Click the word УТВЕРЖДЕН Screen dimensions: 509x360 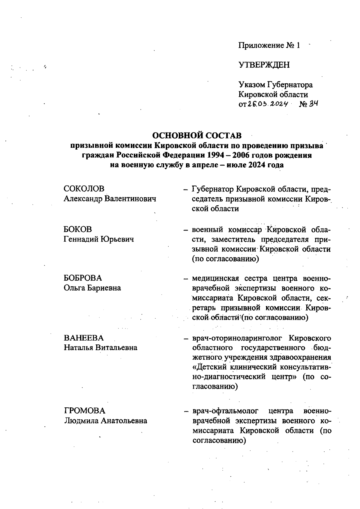pos(264,65)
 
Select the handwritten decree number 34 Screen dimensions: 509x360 pos(313,104)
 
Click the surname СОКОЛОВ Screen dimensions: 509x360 pos(84,189)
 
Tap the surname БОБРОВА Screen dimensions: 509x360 pos(83,278)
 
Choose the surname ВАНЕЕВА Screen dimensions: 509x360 pos(84,338)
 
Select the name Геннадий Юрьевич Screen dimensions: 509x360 pos(99,239)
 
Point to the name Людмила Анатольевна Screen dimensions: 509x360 pos(106,421)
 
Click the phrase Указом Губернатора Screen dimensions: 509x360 pos(275,85)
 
